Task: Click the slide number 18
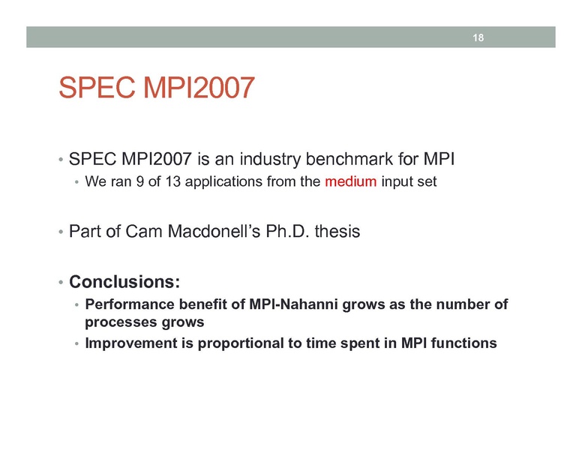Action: pyautogui.click(x=477, y=37)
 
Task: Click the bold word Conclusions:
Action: pyautogui.click(x=124, y=283)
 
